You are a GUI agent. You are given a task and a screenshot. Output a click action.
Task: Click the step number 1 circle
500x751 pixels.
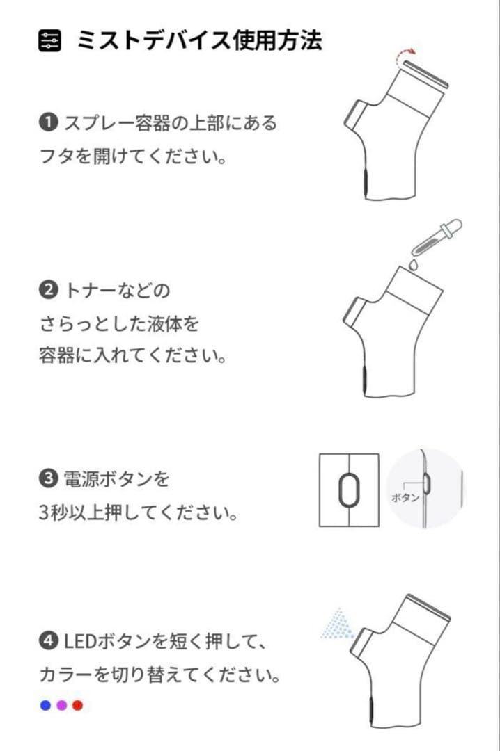48,123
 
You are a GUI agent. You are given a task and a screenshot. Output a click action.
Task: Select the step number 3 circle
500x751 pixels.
48,479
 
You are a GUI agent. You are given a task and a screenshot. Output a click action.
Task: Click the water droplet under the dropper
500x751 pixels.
413,264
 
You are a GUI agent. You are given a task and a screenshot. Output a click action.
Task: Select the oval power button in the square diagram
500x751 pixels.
349,490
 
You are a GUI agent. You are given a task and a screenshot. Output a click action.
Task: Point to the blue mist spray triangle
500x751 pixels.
338,624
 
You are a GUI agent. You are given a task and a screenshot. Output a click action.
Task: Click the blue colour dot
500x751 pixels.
46,705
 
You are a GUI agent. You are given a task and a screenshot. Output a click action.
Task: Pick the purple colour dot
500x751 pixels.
61,705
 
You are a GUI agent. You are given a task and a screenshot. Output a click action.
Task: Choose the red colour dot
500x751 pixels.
77,705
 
